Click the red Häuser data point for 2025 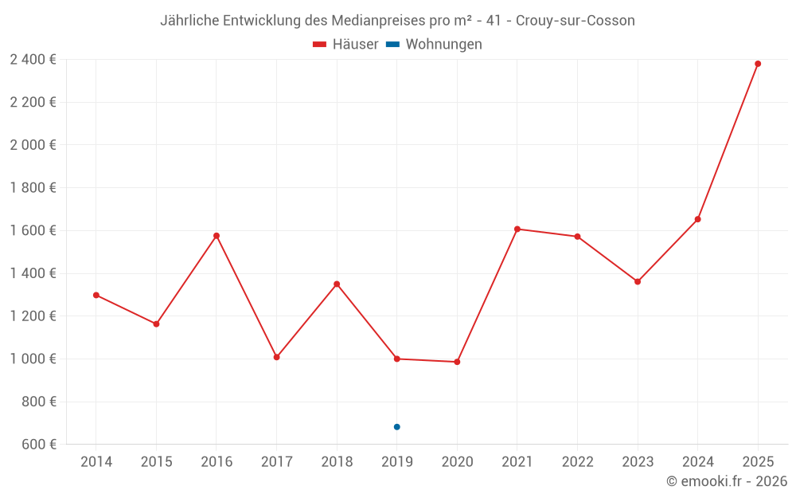coord(758,64)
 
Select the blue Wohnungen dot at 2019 coord(396,427)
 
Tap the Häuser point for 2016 coord(217,236)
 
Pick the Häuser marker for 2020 coord(457,362)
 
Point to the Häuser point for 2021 coord(517,229)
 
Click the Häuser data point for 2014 coord(96,295)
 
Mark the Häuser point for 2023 coord(638,281)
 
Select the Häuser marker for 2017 coord(276,357)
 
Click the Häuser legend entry coord(345,45)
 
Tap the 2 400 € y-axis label coord(33,60)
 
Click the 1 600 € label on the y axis coord(33,230)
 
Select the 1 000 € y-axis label coord(33,359)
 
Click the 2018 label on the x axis coord(337,462)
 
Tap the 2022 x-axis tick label coord(577,462)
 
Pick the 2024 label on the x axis coord(697,462)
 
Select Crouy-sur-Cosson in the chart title coord(576,21)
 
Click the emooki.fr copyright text coord(727,481)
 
